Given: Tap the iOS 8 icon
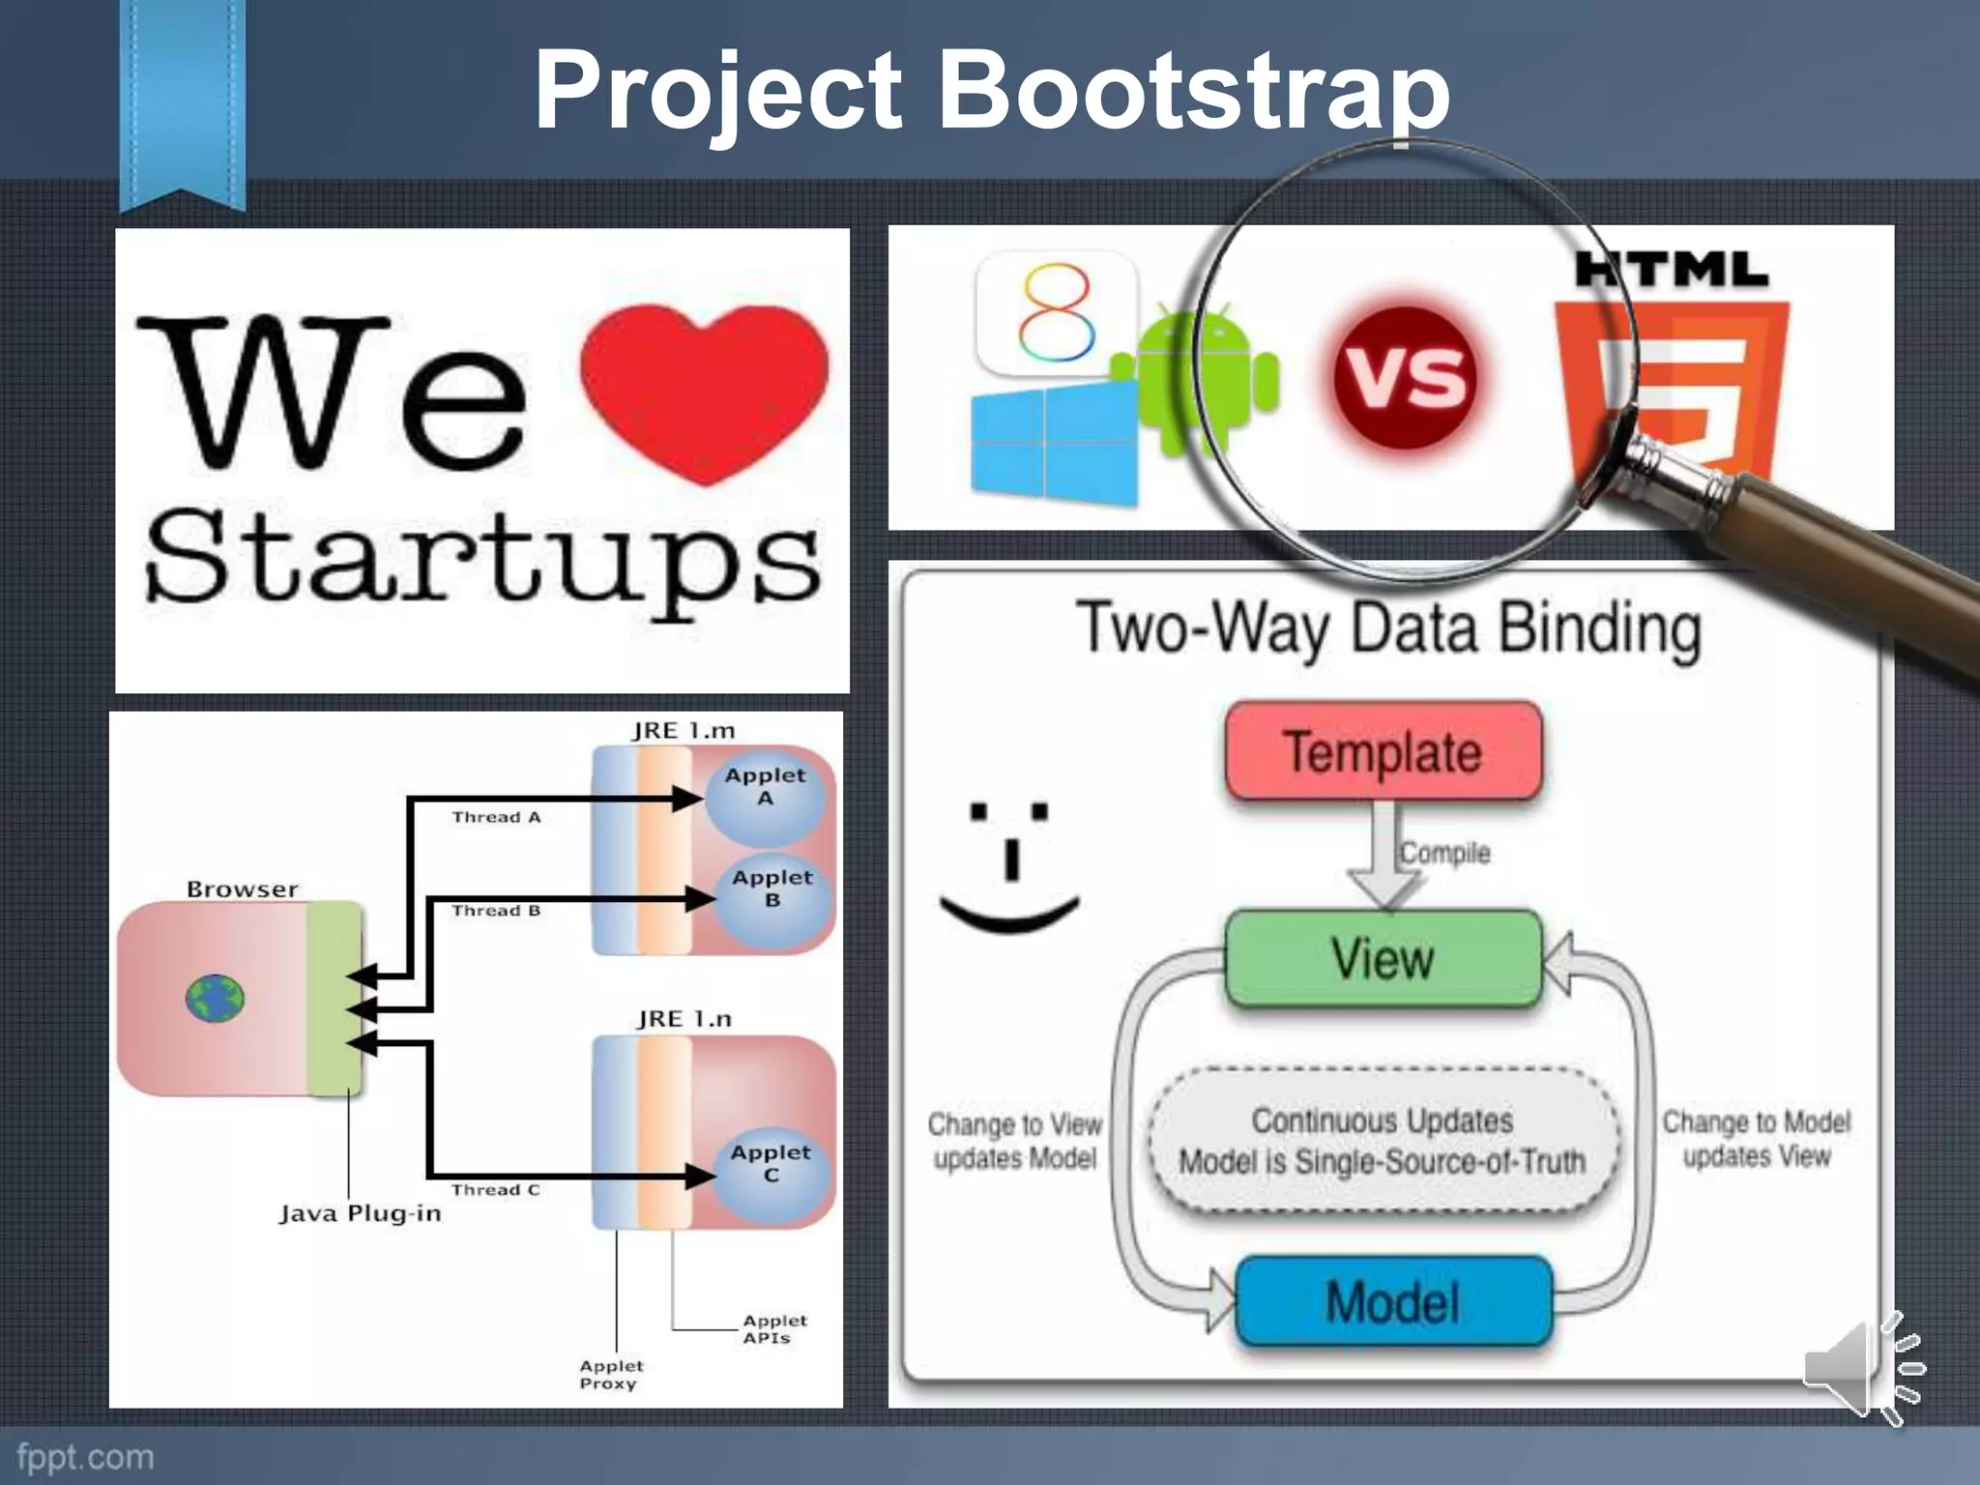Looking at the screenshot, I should (1057, 312).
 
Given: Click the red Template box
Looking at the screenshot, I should (1383, 752).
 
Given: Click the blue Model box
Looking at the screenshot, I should (1393, 1301).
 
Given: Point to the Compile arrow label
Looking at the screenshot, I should (1444, 853).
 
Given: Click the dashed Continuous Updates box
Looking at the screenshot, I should (1383, 1141).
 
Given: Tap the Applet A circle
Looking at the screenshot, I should (765, 798).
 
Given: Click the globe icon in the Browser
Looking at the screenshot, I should (215, 999).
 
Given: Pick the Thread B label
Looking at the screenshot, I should (496, 911).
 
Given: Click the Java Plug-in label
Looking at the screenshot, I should (361, 1213).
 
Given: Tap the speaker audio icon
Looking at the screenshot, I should (1861, 1367).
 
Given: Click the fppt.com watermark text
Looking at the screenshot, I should (85, 1457).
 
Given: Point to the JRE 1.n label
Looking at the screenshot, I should (684, 1019).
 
